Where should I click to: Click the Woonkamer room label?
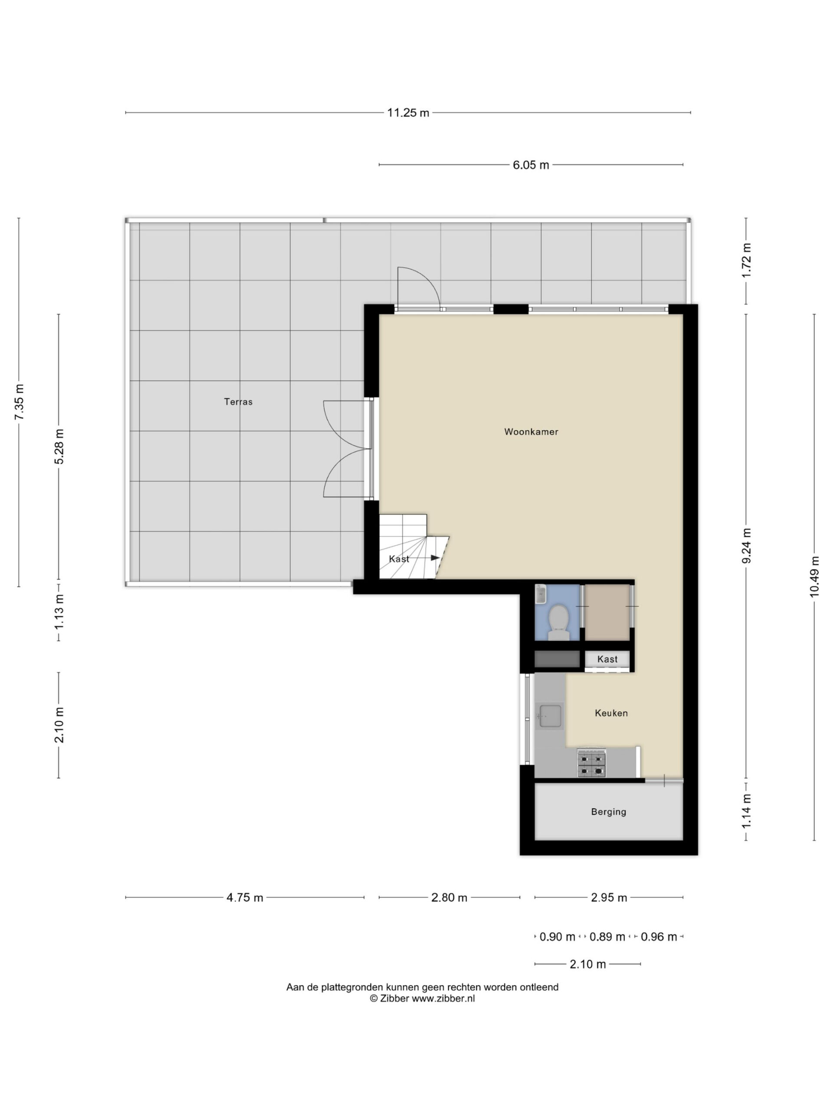tap(531, 431)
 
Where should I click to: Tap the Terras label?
tap(238, 402)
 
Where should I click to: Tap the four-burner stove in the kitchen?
tap(591, 763)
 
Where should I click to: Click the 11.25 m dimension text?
tap(408, 113)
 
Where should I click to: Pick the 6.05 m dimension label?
tap(531, 165)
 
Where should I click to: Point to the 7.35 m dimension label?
tap(20, 402)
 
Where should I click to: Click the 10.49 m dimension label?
tap(814, 577)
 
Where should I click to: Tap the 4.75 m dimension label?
tap(245, 898)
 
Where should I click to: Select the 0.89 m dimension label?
tap(607, 937)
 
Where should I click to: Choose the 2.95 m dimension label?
tap(609, 898)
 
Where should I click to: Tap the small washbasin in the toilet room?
tap(541, 594)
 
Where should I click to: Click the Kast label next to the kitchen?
tap(607, 659)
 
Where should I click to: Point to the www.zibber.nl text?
tap(443, 999)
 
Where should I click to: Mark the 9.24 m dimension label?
tap(746, 545)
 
